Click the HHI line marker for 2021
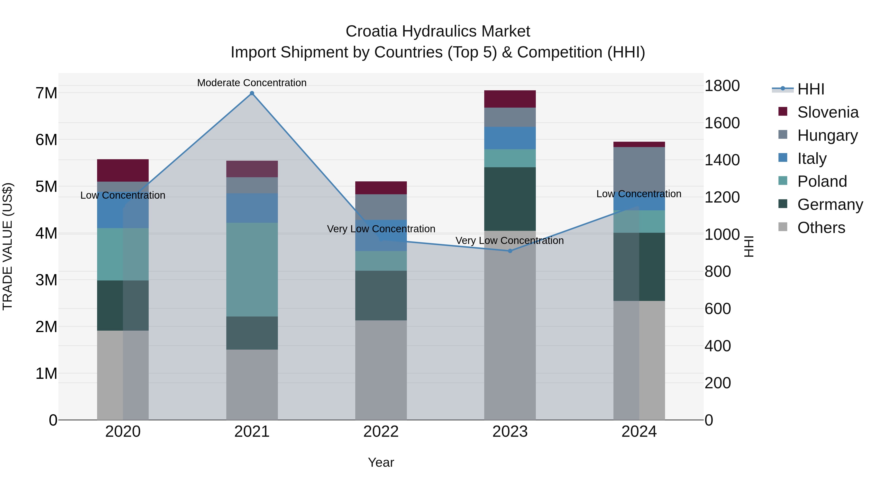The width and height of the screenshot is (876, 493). click(252, 93)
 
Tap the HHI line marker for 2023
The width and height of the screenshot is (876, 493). click(510, 251)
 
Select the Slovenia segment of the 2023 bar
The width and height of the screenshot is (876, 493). click(510, 99)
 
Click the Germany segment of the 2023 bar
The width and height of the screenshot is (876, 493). click(510, 199)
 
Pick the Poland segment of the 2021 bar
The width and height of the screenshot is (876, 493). click(252, 270)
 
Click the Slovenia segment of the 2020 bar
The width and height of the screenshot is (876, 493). click(123, 170)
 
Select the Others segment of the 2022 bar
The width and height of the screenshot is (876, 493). click(381, 370)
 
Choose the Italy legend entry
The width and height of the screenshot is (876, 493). click(812, 158)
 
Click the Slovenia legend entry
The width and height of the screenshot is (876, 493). click(827, 112)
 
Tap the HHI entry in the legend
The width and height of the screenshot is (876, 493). click(810, 89)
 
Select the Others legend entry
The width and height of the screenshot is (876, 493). click(821, 228)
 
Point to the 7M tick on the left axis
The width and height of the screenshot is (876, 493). click(46, 93)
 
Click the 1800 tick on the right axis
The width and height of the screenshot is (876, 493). click(722, 86)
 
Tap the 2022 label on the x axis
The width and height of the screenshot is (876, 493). click(381, 432)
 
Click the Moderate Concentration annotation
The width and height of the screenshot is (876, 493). click(252, 83)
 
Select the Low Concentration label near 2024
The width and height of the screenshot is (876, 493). click(639, 194)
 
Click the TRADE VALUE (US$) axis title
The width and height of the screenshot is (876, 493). click(8, 246)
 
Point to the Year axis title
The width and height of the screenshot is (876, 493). click(381, 462)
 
